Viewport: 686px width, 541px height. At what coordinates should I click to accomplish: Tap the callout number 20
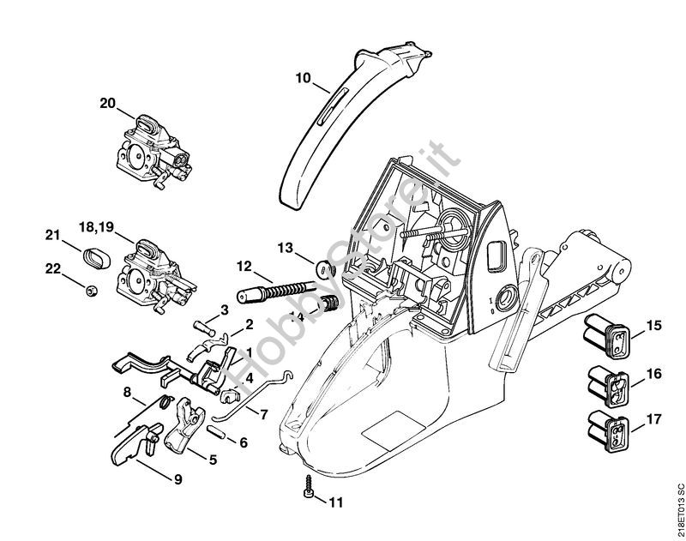click(107, 103)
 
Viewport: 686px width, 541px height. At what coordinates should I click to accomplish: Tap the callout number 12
click(244, 265)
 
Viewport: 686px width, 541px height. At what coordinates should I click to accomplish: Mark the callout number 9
click(178, 479)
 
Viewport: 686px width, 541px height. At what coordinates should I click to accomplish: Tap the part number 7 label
click(263, 415)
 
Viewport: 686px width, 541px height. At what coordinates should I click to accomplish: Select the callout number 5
click(212, 460)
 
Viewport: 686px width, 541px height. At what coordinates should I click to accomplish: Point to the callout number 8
click(127, 394)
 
